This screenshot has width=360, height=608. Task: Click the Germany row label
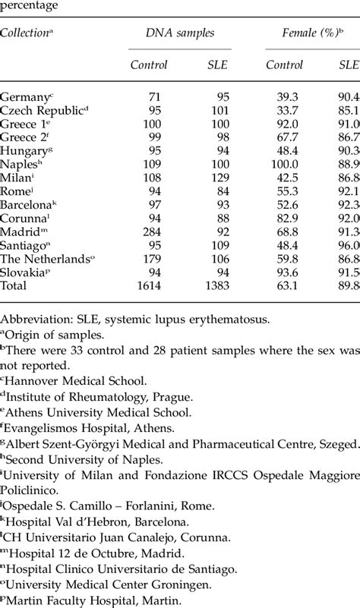click(x=26, y=97)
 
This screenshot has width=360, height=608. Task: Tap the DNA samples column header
click(x=181, y=33)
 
